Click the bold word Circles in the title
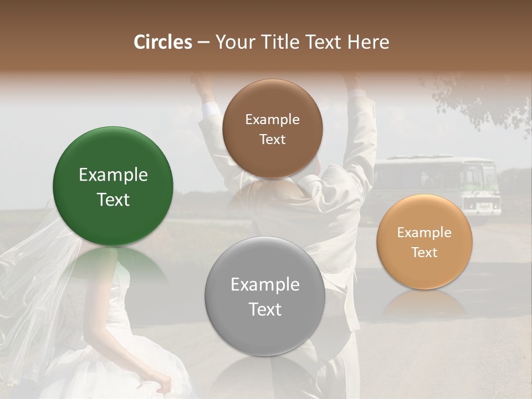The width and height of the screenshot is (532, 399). [x=162, y=42]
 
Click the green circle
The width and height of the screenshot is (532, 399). [x=113, y=186]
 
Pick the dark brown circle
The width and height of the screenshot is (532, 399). [x=272, y=129]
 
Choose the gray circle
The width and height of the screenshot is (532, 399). [x=265, y=296]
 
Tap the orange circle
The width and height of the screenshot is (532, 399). [x=424, y=242]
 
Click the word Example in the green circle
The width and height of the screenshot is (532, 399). [x=113, y=175]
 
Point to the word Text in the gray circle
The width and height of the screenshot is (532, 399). [x=265, y=309]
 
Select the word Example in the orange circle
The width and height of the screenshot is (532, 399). [x=424, y=233]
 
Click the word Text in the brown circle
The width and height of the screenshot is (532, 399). [x=272, y=140]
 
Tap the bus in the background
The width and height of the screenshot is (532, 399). [x=438, y=186]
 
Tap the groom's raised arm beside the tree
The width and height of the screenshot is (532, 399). [x=360, y=122]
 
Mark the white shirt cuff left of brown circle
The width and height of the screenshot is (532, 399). [x=209, y=110]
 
